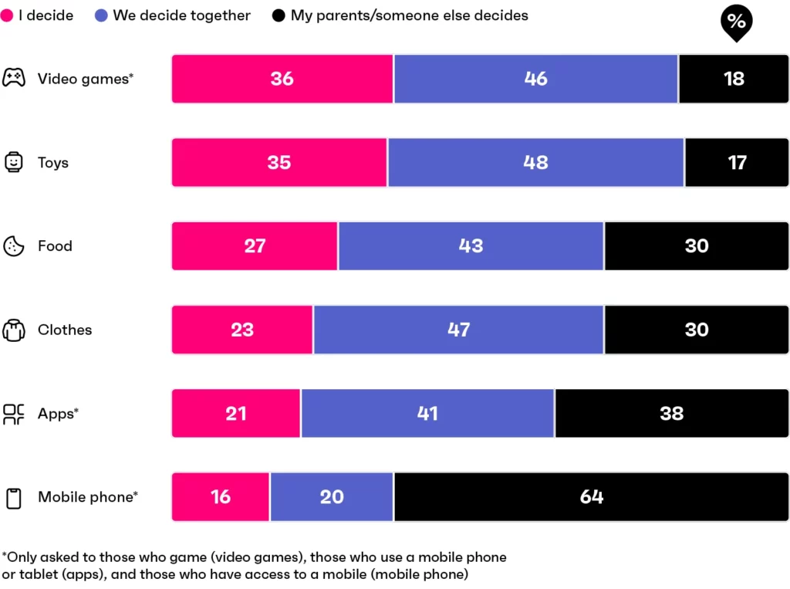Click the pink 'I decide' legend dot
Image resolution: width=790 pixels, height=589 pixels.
7,15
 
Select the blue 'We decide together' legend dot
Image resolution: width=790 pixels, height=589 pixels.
102,15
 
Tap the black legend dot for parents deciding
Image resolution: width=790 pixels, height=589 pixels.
279,15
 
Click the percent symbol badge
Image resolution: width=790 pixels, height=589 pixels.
736,22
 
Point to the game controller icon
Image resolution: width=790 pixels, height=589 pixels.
13,78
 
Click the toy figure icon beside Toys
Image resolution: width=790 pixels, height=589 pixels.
13,162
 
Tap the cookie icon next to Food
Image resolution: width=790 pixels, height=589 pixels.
13,246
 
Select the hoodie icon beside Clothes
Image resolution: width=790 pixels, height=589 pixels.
13,330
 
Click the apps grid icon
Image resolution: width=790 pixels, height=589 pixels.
13,414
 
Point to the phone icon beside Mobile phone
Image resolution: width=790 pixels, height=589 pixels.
13,498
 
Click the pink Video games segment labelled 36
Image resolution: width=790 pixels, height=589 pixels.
282,79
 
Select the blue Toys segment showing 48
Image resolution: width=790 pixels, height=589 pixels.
535,162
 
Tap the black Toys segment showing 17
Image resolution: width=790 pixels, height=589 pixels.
737,162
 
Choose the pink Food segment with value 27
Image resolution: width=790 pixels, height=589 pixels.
255,246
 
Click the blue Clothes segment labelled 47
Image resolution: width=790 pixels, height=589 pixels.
458,330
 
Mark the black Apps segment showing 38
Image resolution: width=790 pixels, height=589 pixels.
671,414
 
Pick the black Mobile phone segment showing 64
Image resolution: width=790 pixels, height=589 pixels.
591,497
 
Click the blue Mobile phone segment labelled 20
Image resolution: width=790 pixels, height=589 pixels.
332,497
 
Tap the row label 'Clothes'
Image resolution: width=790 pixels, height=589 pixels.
65,330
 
